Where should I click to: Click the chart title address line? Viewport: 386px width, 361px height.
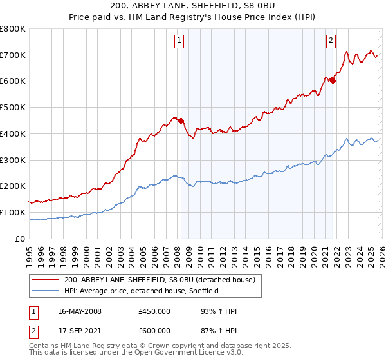[x=192, y=7]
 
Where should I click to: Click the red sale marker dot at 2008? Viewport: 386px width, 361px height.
[x=181, y=120]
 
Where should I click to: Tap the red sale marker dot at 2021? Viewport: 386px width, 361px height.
[x=333, y=81]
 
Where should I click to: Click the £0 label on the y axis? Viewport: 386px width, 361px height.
[x=19, y=239]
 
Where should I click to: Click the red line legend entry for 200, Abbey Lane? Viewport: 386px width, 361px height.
[x=160, y=280]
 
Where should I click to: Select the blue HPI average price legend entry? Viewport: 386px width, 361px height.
[x=142, y=291]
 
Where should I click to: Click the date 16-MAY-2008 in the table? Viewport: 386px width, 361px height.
[x=80, y=311]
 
